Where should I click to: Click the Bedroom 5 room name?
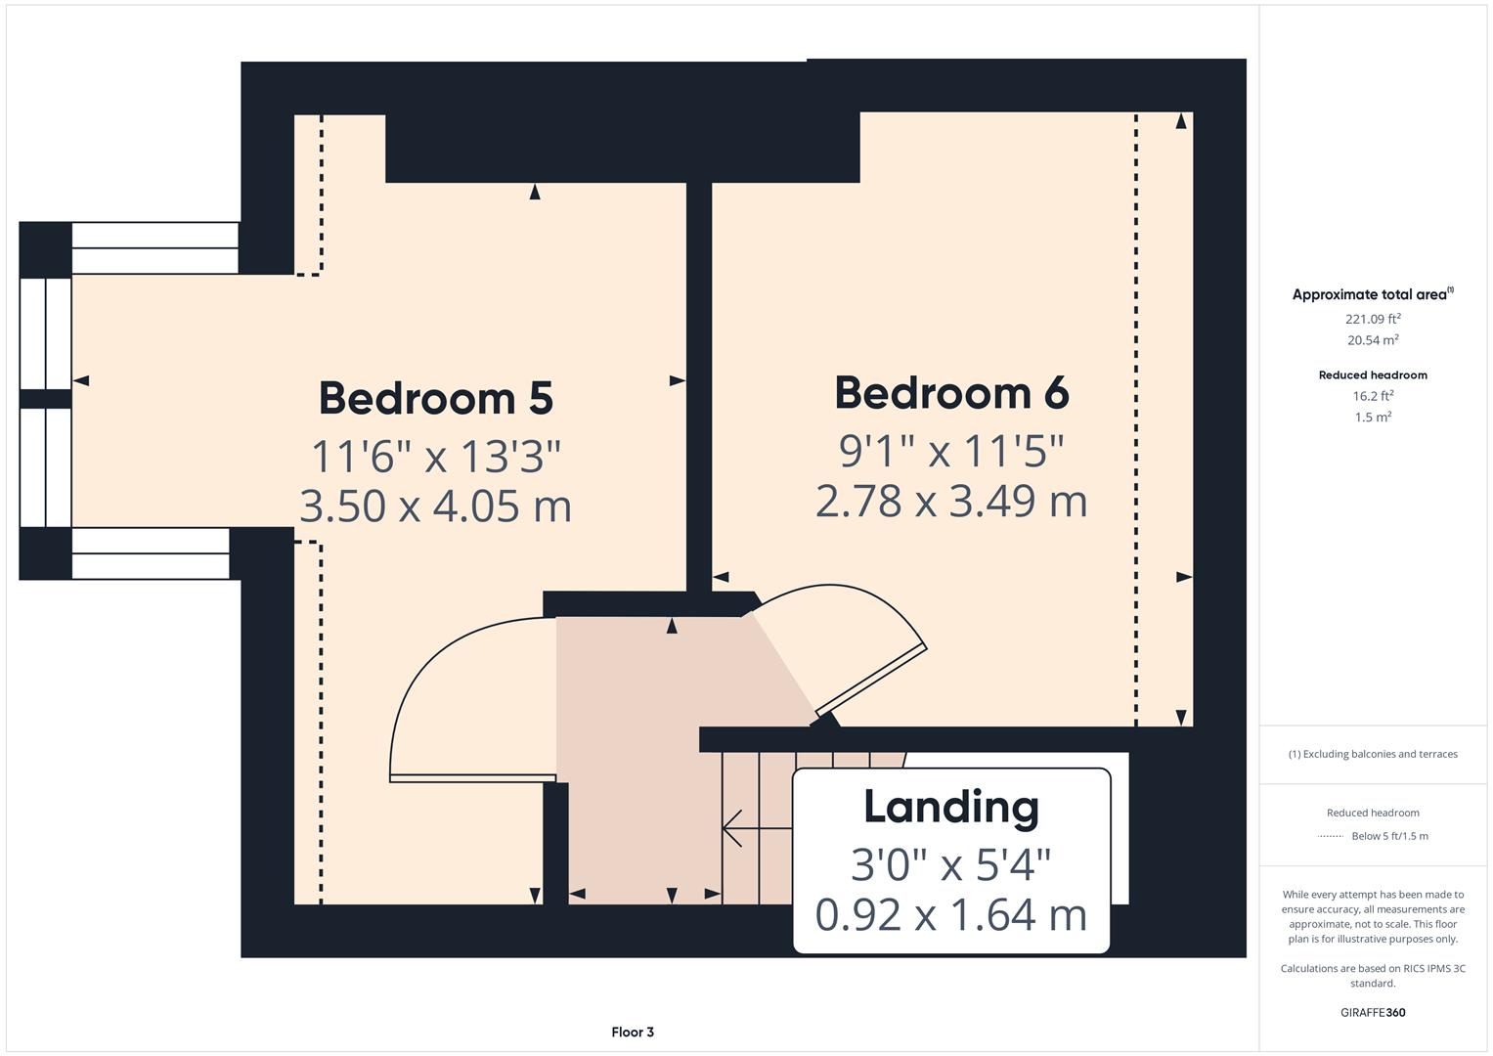coord(436,398)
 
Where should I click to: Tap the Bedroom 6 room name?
coord(951,392)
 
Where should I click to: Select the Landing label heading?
coord(951,807)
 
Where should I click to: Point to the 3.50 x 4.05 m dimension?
coord(436,506)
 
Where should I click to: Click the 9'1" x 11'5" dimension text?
coord(951,451)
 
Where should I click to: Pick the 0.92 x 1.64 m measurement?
coord(951,915)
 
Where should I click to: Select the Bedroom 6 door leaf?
coord(871,682)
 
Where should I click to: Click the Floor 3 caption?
coord(633,1032)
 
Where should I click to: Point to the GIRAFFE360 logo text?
coord(1373,1012)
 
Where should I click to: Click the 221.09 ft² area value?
coord(1373,319)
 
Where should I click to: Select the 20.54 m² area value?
coord(1373,340)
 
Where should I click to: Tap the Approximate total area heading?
coord(1372,294)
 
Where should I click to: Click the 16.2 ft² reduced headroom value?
coord(1373,396)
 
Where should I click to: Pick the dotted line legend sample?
coord(1331,836)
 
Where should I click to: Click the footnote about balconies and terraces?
coord(1373,754)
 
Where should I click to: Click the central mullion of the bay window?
coord(45,398)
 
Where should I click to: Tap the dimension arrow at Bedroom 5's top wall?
coord(535,192)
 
